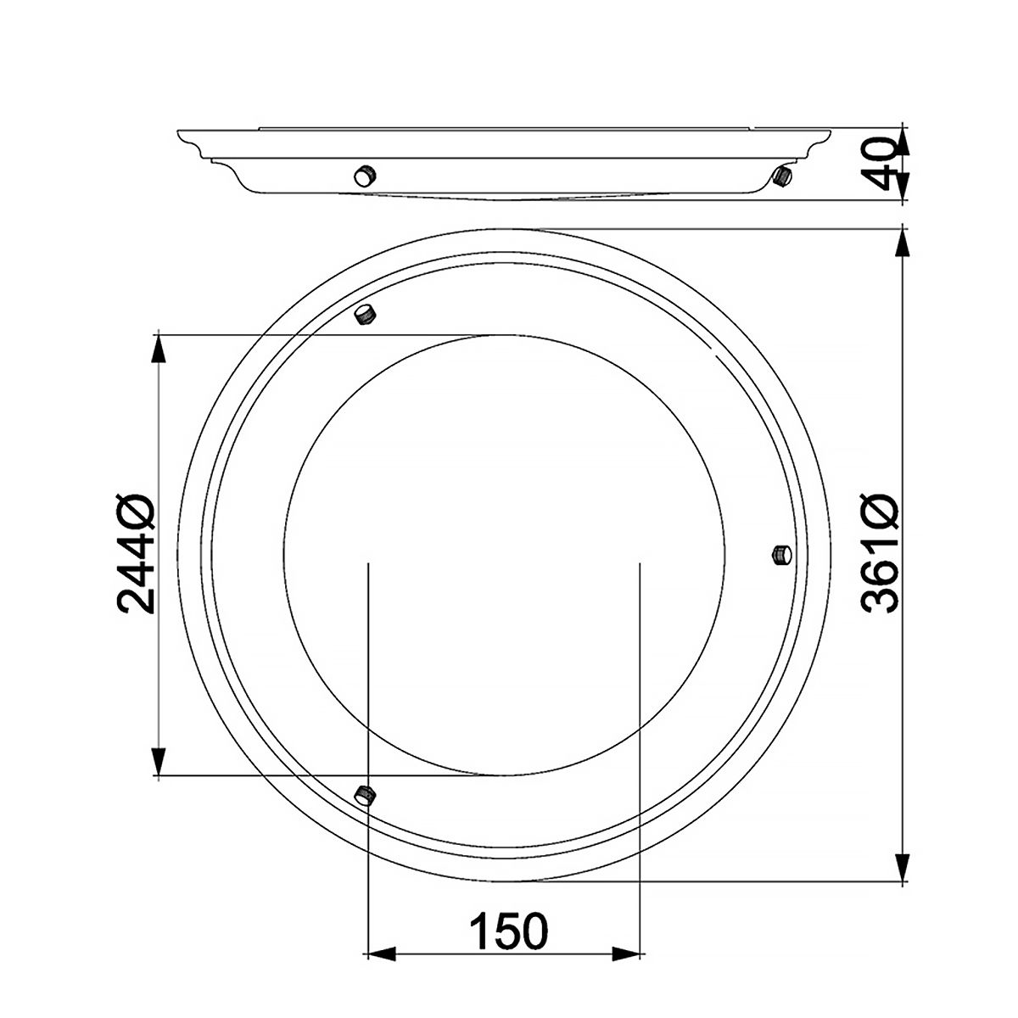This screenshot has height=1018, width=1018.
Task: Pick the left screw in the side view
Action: tap(365, 176)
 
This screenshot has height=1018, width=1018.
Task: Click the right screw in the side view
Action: tap(782, 176)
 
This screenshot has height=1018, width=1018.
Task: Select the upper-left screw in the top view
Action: tap(366, 314)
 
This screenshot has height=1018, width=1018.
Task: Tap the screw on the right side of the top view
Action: tap(783, 555)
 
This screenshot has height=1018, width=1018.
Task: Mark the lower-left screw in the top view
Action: tap(366, 795)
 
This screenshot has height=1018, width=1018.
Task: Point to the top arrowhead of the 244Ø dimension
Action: tap(158, 348)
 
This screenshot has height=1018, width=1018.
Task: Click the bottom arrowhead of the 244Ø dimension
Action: tap(158, 762)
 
